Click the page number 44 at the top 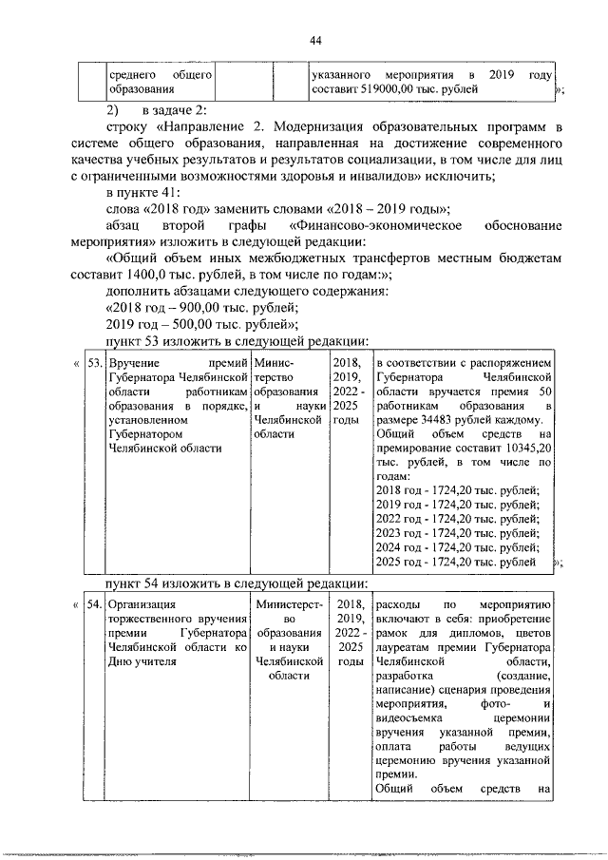pos(316,39)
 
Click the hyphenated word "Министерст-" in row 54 pos(290,603)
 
